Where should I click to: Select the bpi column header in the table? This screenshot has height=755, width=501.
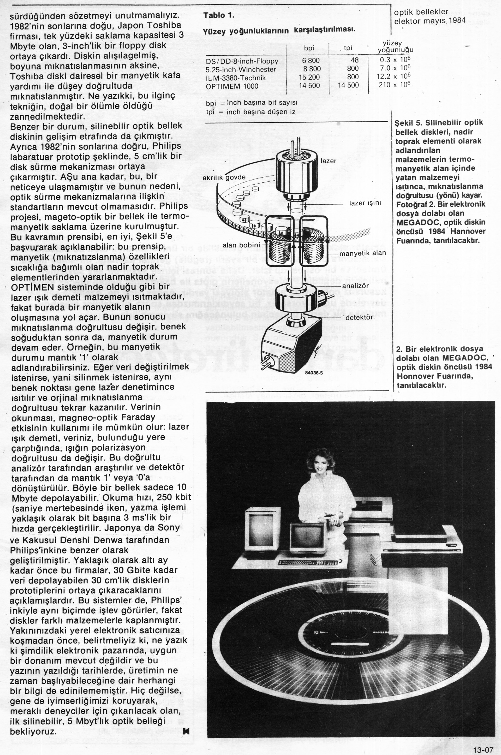(x=309, y=48)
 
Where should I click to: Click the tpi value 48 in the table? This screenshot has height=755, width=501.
(x=355, y=60)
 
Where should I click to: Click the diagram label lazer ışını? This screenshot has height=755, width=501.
(x=365, y=203)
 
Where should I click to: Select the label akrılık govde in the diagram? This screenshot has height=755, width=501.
(x=224, y=177)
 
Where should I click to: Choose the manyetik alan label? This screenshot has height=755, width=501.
(x=362, y=253)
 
